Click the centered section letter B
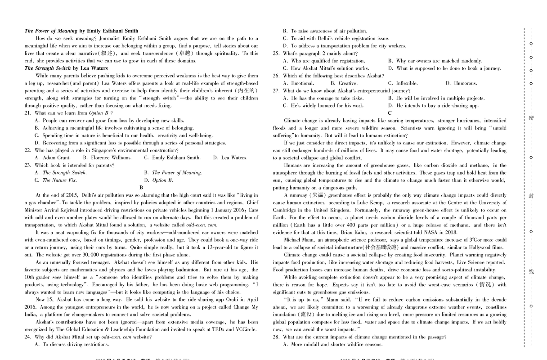[x=141, y=187]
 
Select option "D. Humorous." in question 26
[x=461, y=83]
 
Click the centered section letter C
[x=390, y=113]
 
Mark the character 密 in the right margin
[x=531, y=118]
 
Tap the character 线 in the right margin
[x=531, y=272]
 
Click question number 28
[x=276, y=337]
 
